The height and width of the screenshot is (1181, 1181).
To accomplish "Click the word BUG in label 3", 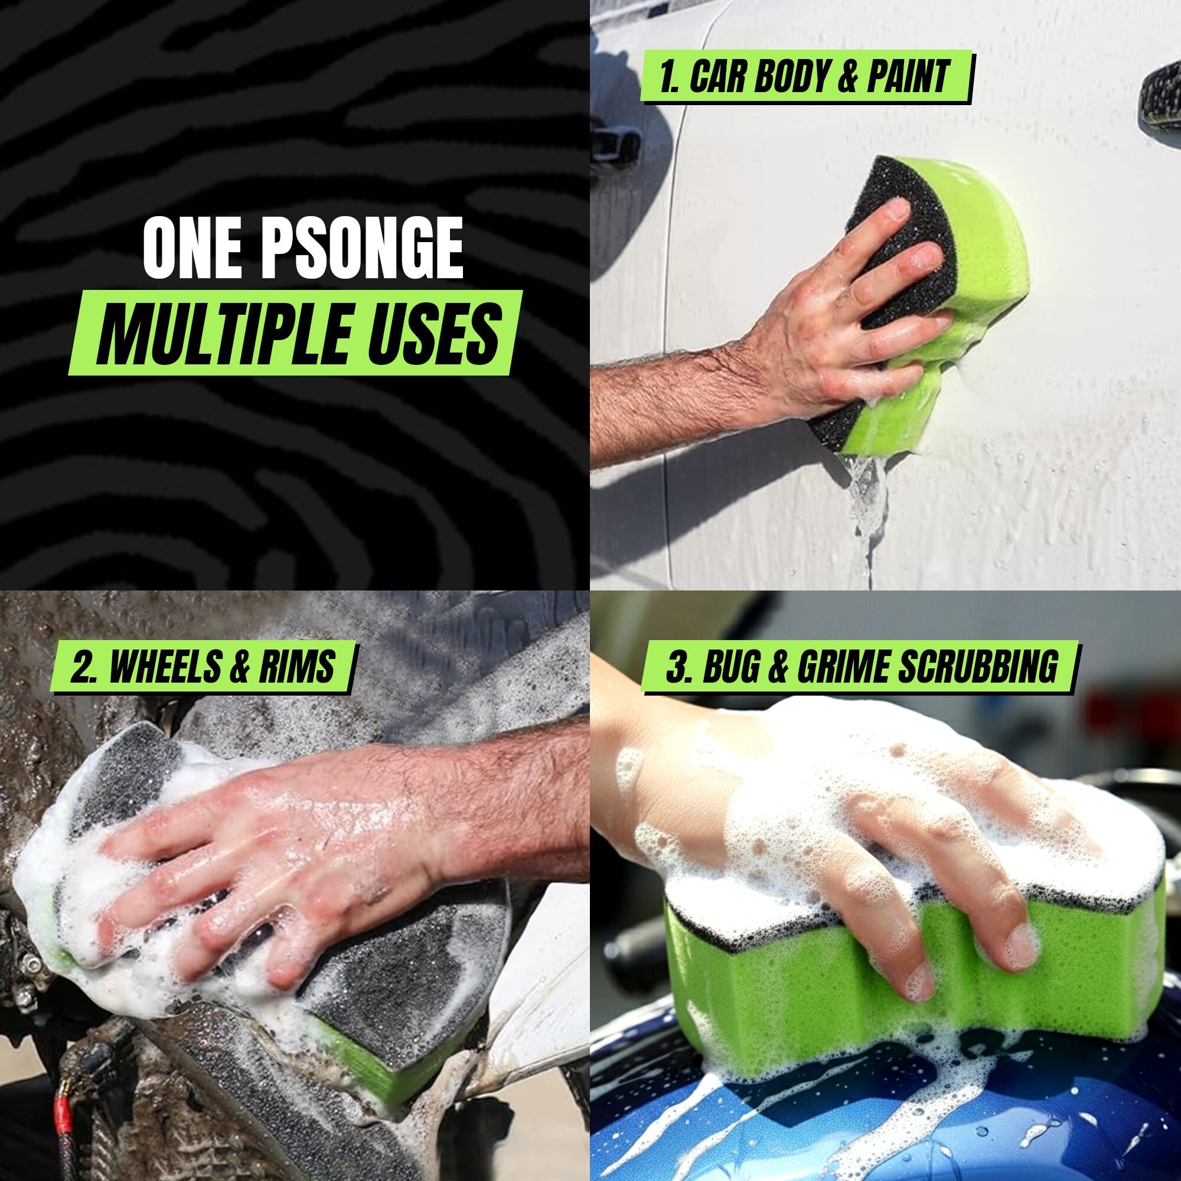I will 730,666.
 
